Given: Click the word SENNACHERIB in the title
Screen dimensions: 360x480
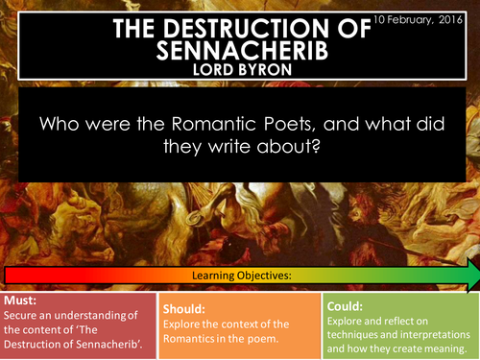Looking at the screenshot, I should click(239, 49).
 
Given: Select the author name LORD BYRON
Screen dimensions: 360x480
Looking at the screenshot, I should click(239, 70).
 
